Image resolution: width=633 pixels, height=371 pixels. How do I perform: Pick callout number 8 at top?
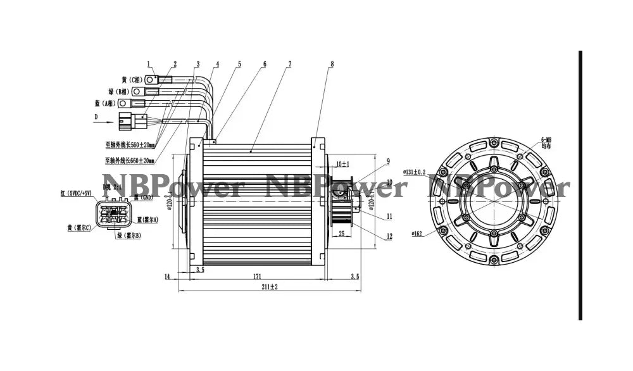[x=331, y=64]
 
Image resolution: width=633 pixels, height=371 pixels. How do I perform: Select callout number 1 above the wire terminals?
[x=149, y=64]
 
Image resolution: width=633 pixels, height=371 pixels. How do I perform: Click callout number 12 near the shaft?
[x=389, y=237]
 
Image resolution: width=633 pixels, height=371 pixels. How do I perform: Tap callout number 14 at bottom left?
[x=168, y=276]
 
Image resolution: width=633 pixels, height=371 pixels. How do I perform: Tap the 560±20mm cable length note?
[x=130, y=144]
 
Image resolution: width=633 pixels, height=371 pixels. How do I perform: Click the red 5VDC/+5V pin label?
[x=77, y=192]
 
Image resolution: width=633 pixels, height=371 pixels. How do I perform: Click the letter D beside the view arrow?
[x=96, y=117]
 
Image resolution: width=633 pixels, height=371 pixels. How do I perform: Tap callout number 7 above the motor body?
[x=289, y=64]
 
